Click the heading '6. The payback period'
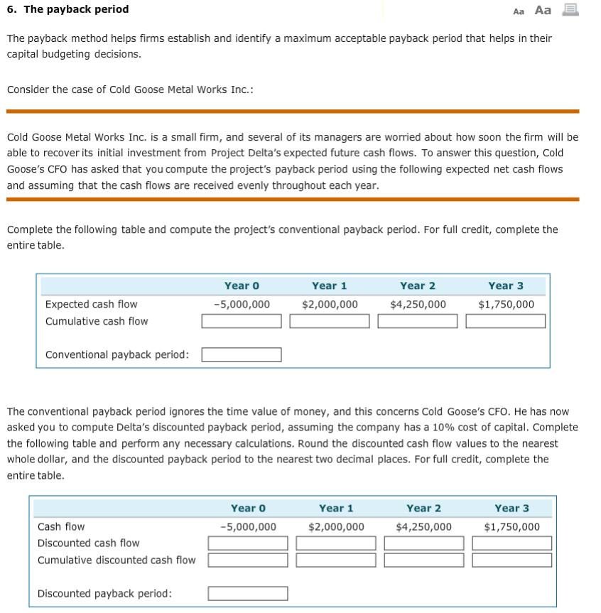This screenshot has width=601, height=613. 68,9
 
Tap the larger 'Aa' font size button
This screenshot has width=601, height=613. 543,10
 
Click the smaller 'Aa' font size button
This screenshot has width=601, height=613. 518,11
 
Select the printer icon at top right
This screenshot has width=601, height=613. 570,9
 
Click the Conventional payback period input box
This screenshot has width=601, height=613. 242,354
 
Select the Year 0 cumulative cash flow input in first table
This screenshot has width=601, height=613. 242,322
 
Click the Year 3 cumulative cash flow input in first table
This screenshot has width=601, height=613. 506,322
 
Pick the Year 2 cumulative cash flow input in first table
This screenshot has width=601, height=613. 418,322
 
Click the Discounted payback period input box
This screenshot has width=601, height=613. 248,593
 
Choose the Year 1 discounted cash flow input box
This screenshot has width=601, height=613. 336,543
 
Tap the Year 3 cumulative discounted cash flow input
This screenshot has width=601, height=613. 512,560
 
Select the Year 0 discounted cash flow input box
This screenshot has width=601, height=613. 248,543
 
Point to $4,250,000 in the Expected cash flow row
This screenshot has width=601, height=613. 418,304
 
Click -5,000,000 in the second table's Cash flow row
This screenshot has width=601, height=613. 248,526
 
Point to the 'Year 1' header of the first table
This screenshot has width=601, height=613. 330,286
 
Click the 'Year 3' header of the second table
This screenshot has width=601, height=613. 512,508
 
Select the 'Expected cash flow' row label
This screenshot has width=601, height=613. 92,304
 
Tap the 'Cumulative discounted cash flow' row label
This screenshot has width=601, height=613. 117,560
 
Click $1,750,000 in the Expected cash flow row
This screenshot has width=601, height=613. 506,304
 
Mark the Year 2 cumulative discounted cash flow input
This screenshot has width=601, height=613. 424,560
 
